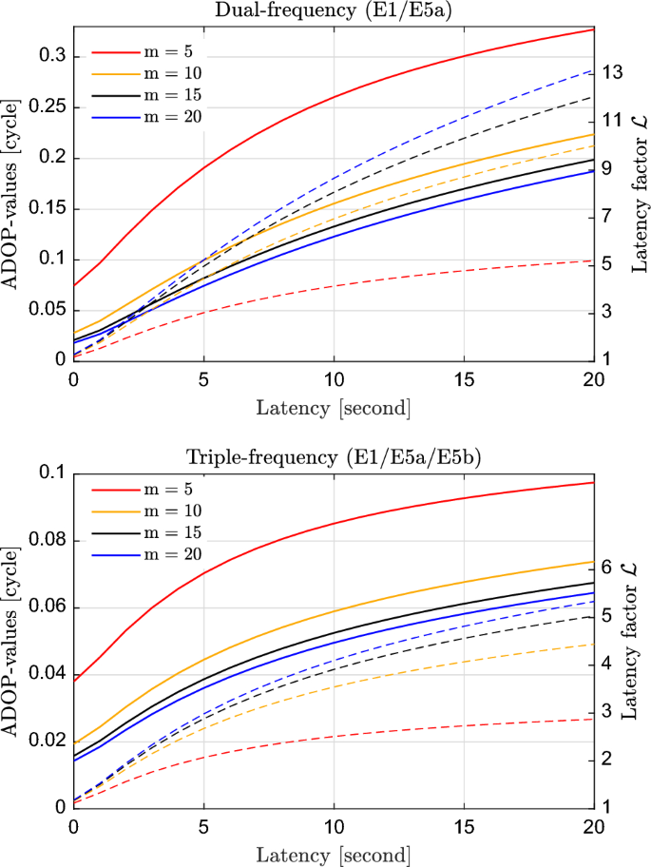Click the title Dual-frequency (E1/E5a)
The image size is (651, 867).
pos(334,11)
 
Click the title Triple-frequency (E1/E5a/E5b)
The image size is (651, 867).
pos(334,455)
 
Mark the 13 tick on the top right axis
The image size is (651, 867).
pos(615,72)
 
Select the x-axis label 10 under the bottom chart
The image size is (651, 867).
pos(334,825)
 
